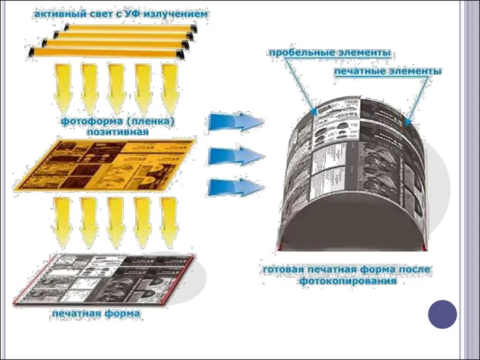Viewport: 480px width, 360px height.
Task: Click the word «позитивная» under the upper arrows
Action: point(117,132)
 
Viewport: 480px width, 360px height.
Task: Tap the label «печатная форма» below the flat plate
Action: point(96,313)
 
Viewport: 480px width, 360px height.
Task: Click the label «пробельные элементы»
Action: point(330,53)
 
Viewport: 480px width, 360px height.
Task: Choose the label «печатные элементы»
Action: point(388,71)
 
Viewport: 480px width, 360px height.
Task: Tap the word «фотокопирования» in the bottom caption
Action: point(348,281)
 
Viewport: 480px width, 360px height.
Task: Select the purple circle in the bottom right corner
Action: point(442,314)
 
